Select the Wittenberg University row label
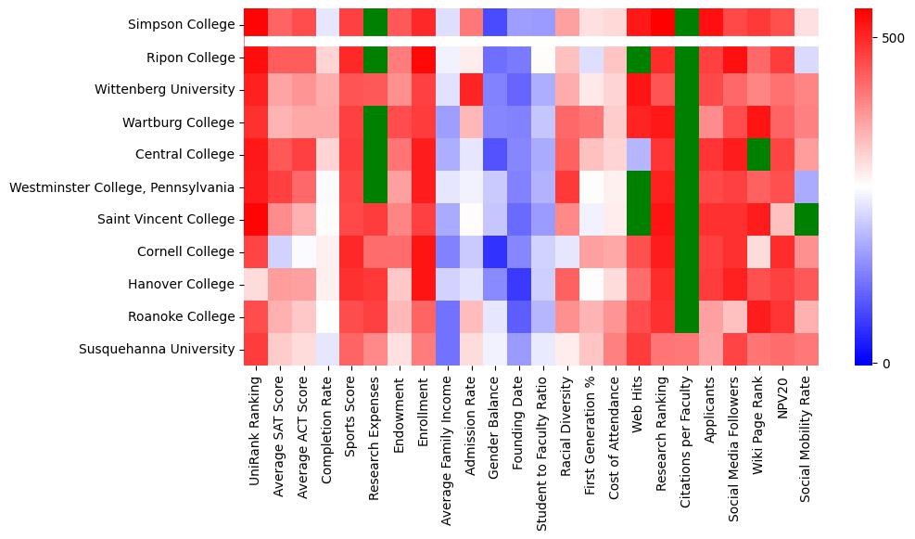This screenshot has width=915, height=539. pyautogui.click(x=164, y=90)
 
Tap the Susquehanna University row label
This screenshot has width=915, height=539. pyautogui.click(x=159, y=349)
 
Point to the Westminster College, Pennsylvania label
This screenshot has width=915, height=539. pyautogui.click(x=121, y=187)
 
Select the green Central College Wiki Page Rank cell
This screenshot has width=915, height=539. pyautogui.click(x=759, y=154)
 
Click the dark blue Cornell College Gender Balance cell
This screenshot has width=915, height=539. pyautogui.click(x=496, y=251)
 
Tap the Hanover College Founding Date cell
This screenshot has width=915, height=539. pyautogui.click(x=520, y=284)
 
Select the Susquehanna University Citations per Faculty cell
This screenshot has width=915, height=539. pyautogui.click(x=687, y=349)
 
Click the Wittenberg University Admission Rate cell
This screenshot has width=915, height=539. pyautogui.click(x=472, y=90)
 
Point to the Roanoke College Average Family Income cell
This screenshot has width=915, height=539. pyautogui.click(x=448, y=316)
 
